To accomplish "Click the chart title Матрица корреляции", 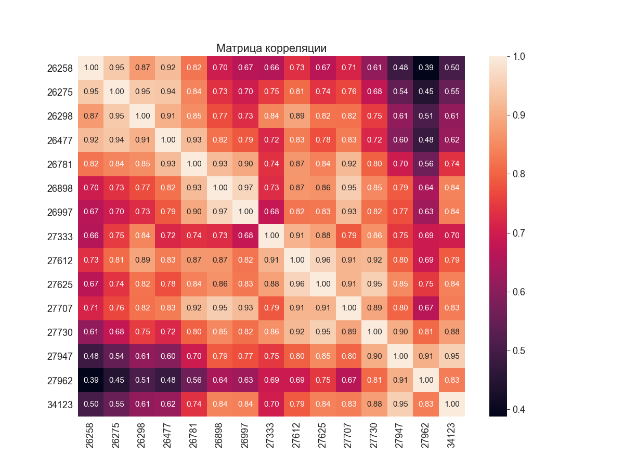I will [271, 48].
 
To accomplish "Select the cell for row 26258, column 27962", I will [426, 68].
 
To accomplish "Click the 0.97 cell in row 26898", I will [245, 188].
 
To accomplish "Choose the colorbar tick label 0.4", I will [517, 409].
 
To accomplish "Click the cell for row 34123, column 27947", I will [400, 404].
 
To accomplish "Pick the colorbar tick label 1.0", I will [517, 56].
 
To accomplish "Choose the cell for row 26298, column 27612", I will [297, 116].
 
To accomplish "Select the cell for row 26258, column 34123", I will [452, 68].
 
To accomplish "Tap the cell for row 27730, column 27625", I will [323, 332].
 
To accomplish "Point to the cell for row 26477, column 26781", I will [194, 140].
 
